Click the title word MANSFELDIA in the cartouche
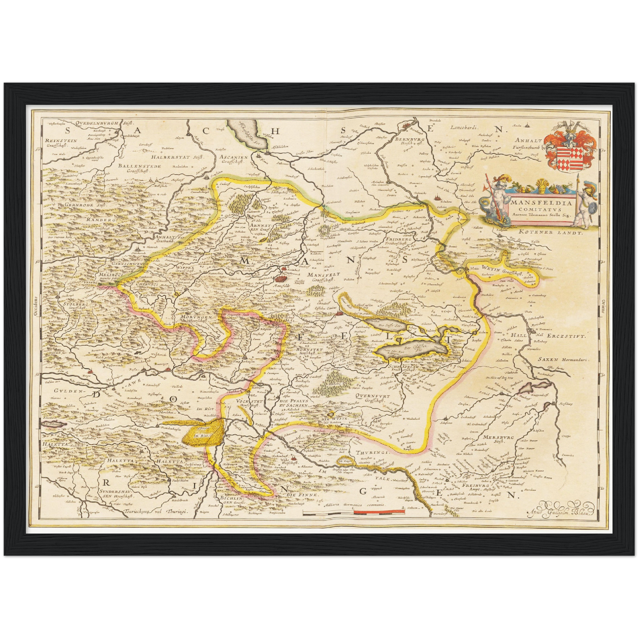click(x=542, y=203)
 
